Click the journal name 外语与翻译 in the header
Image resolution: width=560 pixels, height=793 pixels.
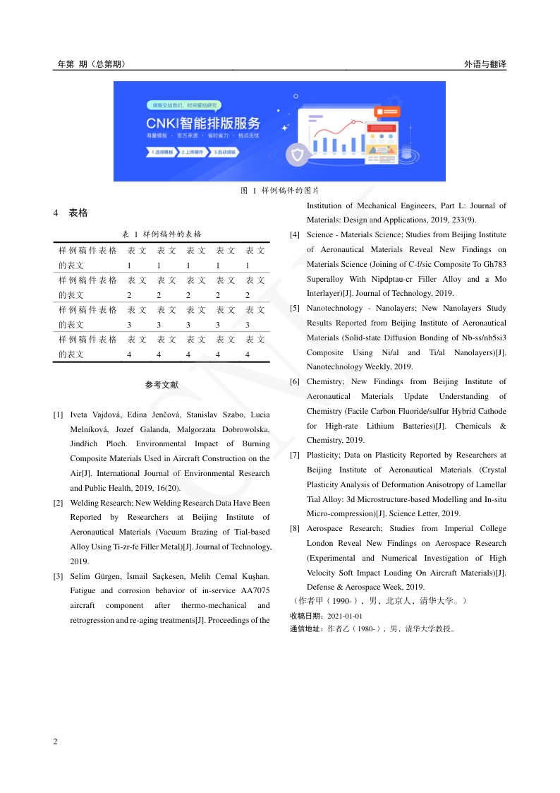pos(485,64)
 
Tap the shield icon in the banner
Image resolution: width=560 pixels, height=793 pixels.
pos(298,154)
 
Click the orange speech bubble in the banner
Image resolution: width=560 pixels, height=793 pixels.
pos(387,112)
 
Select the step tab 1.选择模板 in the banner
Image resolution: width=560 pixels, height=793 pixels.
pos(162,152)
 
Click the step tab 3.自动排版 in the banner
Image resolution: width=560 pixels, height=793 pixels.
pos(226,152)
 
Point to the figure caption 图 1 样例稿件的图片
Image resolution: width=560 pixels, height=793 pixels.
pos(280,191)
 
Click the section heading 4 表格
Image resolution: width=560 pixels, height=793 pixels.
pos(71,213)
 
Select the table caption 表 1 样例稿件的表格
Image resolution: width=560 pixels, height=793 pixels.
pos(162,234)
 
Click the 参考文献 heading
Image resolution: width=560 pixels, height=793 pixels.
pos(162,385)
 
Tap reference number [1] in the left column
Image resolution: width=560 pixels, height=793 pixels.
pos(59,415)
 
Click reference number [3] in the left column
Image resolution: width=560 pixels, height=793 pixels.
pos(59,576)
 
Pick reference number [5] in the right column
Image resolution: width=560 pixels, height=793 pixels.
pos(296,308)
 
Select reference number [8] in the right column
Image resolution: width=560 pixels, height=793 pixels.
pos(296,528)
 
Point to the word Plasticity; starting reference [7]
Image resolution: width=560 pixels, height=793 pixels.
pos(323,455)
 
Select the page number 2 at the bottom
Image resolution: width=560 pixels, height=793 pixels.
pos(56,741)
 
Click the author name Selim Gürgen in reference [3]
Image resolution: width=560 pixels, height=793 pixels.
pos(94,576)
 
